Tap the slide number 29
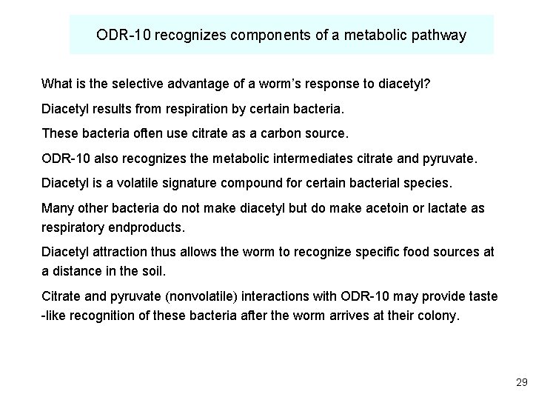click(x=521, y=383)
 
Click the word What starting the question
click(x=56, y=81)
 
